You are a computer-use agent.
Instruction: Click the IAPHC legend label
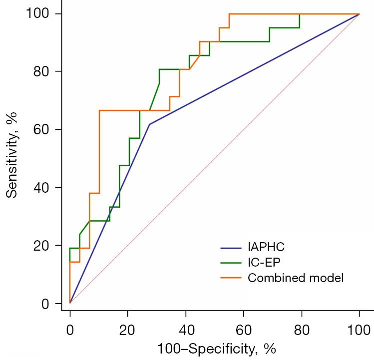point(263,247)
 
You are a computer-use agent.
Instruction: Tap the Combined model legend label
point(296,278)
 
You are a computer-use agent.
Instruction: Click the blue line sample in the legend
point(231,247)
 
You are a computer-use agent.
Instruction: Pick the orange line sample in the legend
point(231,278)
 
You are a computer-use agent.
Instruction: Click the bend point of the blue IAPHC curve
point(149,124)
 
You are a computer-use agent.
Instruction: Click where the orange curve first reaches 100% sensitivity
point(229,14)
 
